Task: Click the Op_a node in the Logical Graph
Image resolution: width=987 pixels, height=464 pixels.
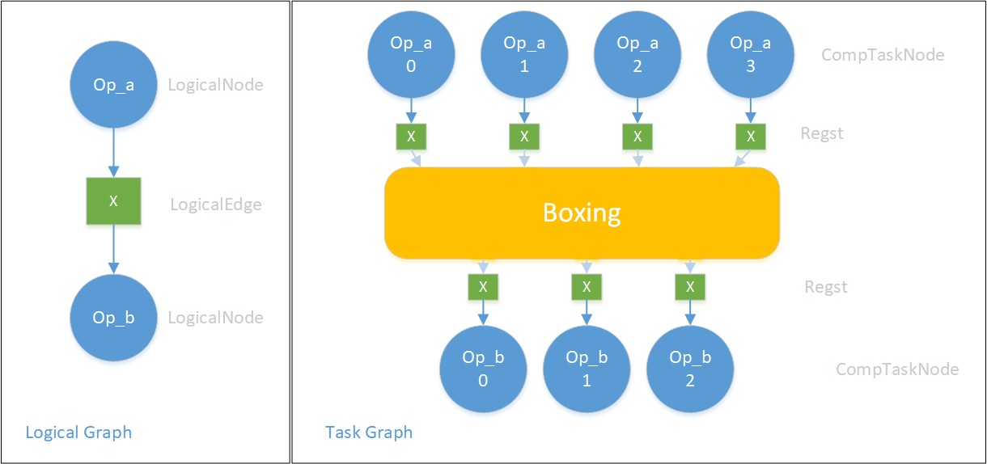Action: (113, 85)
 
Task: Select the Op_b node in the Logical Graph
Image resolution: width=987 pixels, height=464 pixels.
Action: (113, 318)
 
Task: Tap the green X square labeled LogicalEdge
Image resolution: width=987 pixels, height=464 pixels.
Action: (113, 201)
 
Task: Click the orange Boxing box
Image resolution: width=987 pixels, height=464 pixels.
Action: (582, 213)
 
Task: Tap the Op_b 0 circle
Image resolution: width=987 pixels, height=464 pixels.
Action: (483, 369)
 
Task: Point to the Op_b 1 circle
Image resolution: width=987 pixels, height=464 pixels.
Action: (587, 369)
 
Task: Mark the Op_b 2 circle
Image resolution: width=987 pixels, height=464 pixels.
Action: (690, 369)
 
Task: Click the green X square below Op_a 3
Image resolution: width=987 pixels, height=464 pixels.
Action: (751, 137)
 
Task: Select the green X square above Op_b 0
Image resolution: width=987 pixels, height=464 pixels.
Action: (483, 286)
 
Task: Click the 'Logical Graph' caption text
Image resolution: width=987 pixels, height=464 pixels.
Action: (78, 432)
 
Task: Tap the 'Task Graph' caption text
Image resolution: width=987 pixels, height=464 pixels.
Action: (369, 432)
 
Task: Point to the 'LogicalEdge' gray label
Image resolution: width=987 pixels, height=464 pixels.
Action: (216, 205)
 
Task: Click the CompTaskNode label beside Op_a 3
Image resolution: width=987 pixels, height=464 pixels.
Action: (883, 55)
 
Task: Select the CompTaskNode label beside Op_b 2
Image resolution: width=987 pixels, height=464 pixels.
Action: (897, 369)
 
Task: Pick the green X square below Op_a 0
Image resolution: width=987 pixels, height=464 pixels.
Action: (411, 137)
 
